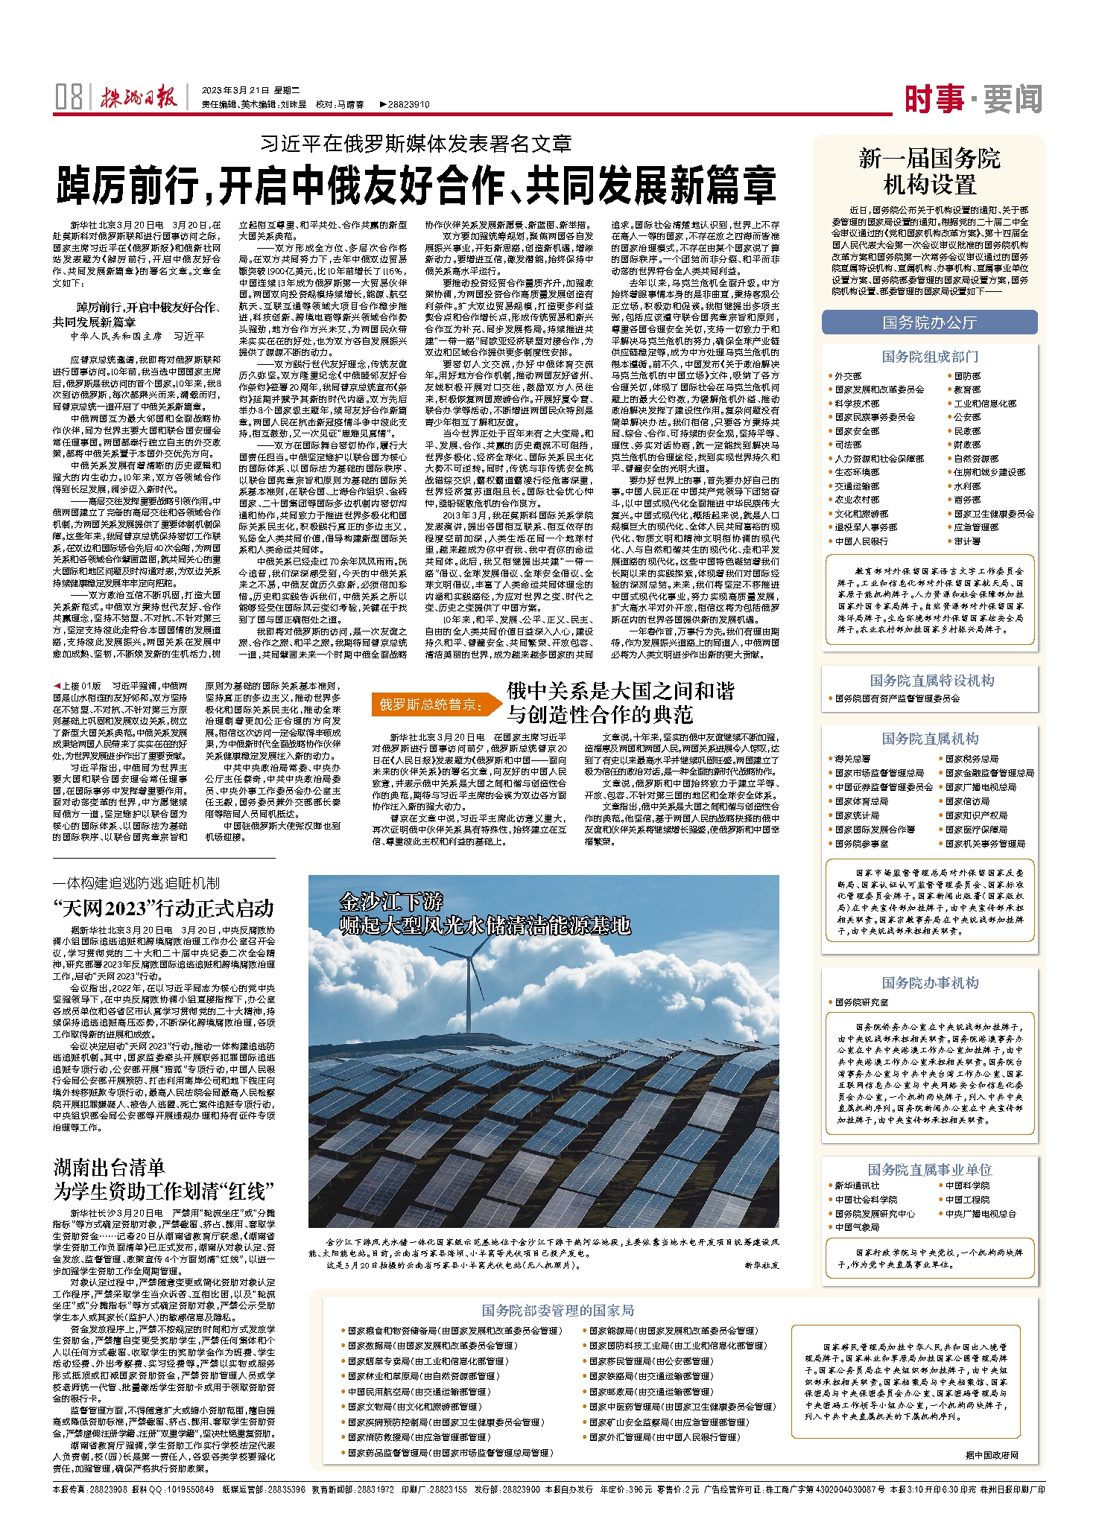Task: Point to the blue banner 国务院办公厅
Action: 929,322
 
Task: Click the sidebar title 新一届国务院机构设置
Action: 929,171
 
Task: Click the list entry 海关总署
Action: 852,759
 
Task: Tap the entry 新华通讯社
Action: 857,1186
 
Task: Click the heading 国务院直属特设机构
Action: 931,680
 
